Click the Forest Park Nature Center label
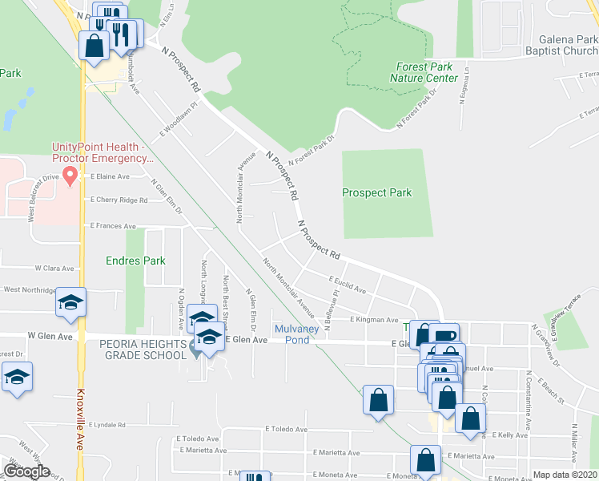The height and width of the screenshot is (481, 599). point(424,73)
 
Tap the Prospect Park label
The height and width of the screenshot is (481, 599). point(376,192)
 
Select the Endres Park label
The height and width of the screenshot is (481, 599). point(135,261)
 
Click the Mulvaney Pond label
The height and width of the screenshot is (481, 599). point(297,334)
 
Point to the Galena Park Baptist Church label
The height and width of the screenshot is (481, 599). point(557,45)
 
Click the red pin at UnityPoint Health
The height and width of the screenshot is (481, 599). point(70,175)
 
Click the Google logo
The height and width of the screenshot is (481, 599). point(26,471)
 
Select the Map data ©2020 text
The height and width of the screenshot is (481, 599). point(565,475)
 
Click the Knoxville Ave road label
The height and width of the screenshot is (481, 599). point(80,421)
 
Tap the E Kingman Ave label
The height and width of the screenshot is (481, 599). point(373,319)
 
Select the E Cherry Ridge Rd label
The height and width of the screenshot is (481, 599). point(119,200)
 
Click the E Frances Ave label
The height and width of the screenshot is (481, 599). point(113,226)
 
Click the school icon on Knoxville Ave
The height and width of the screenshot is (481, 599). point(71,303)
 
